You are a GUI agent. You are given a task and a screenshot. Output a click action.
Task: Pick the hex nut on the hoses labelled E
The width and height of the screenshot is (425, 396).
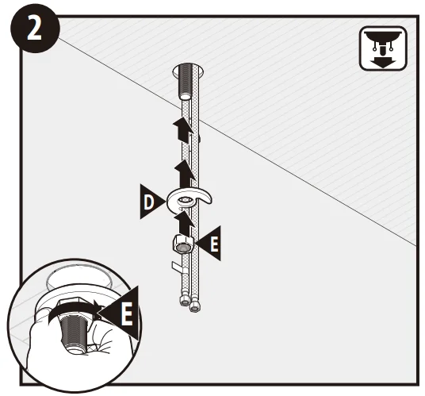[182, 244]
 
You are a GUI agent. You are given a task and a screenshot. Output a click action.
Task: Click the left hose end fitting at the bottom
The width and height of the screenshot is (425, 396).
[182, 300]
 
